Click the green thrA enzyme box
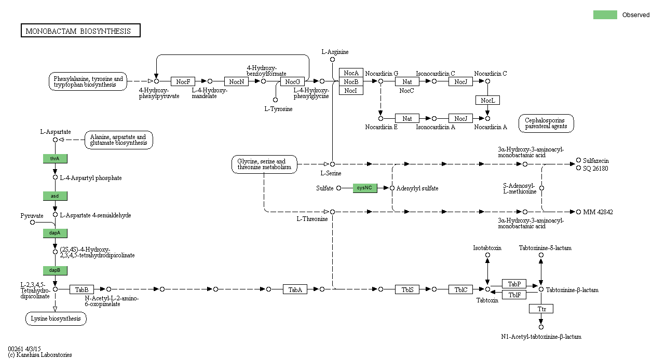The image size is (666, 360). (x=55, y=158)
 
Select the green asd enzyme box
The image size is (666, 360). (x=55, y=196)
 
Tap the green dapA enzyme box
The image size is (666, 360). (x=55, y=233)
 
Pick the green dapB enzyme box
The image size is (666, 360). (x=55, y=270)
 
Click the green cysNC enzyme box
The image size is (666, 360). (x=365, y=188)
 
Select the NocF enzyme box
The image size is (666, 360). (x=183, y=81)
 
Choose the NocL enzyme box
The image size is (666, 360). (x=487, y=100)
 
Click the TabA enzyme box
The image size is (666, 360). (x=295, y=289)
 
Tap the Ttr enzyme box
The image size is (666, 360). (x=541, y=309)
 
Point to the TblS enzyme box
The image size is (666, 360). (x=407, y=289)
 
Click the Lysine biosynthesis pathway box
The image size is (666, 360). (x=56, y=319)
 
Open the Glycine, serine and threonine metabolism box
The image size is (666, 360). (x=265, y=164)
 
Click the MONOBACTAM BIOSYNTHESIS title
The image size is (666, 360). (x=80, y=31)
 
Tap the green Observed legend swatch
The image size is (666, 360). (x=605, y=15)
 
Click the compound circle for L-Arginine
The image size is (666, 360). (x=332, y=60)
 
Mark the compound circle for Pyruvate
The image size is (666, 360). (x=32, y=223)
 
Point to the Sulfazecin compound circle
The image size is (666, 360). (x=578, y=161)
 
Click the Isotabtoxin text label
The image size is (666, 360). (x=487, y=248)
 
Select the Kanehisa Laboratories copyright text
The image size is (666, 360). (x=40, y=355)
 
